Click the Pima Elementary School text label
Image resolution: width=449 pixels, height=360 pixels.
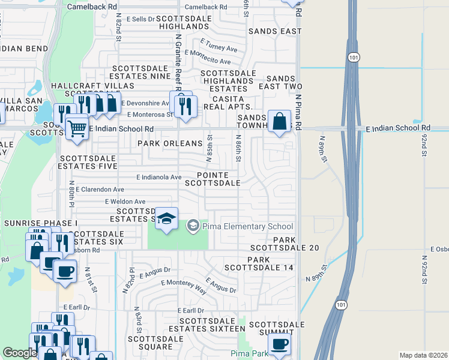pyautogui.click(x=247, y=226)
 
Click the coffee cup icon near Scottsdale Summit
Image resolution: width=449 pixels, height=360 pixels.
pyautogui.click(x=279, y=345)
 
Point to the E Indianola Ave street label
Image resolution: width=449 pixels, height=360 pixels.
pyautogui.click(x=158, y=177)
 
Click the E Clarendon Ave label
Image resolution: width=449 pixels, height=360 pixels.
pyautogui.click(x=100, y=189)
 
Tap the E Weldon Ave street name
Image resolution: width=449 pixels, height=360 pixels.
pyautogui.click(x=125, y=202)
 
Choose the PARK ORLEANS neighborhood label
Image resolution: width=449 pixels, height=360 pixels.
pyautogui.click(x=170, y=144)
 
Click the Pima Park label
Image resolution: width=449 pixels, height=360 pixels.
pyautogui.click(x=250, y=353)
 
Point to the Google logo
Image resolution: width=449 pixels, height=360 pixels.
pyautogui.click(x=20, y=353)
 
